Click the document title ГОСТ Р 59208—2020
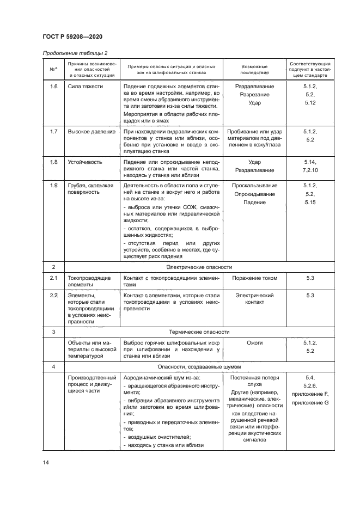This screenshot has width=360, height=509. [x=72, y=36]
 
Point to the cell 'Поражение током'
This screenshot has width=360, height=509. [x=254, y=278]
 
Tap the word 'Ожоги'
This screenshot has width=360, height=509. [x=254, y=343]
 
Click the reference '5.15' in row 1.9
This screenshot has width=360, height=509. [x=310, y=203]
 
